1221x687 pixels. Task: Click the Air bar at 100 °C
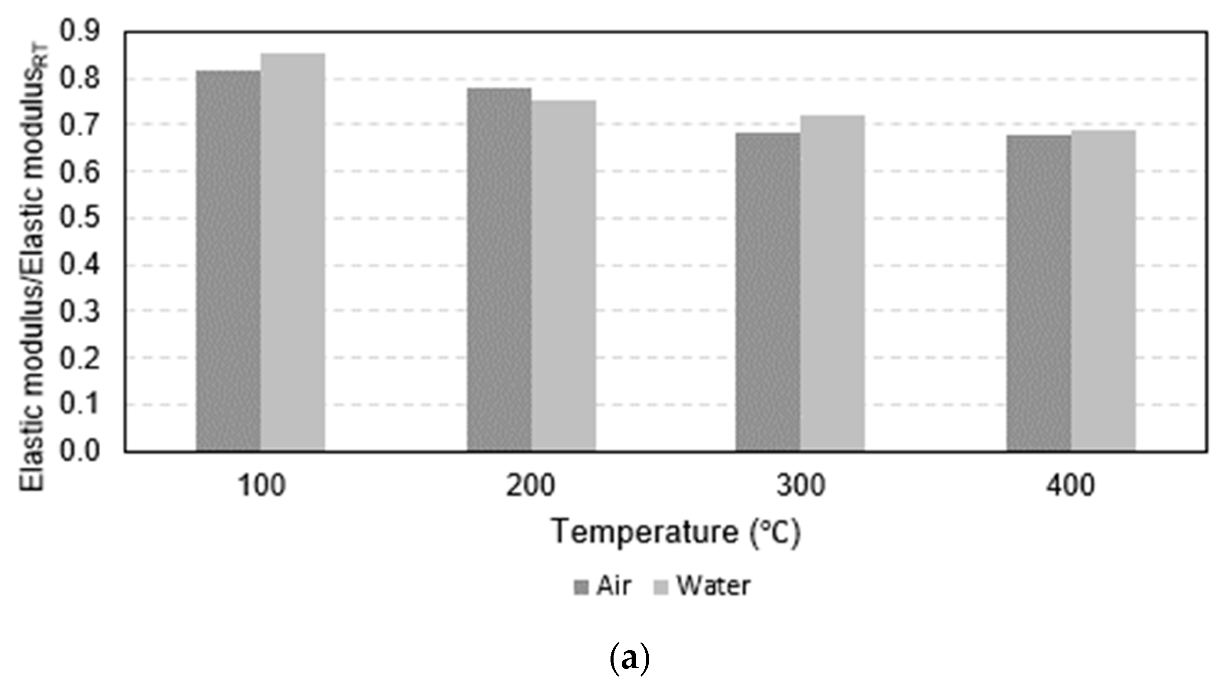pos(228,261)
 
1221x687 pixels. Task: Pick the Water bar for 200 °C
pos(563,275)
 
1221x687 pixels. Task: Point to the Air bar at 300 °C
pos(768,291)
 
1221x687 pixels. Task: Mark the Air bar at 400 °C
pos(1039,293)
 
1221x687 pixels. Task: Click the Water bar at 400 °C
pos(1104,291)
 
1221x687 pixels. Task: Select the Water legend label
pos(714,586)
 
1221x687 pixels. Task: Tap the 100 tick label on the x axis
pos(261,486)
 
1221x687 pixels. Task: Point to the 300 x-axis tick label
pos(801,486)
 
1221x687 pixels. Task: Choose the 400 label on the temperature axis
pos(1071,486)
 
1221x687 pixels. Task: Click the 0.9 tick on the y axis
pos(80,32)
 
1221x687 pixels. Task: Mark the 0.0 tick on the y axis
pos(80,451)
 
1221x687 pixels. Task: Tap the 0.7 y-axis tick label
pos(80,125)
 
